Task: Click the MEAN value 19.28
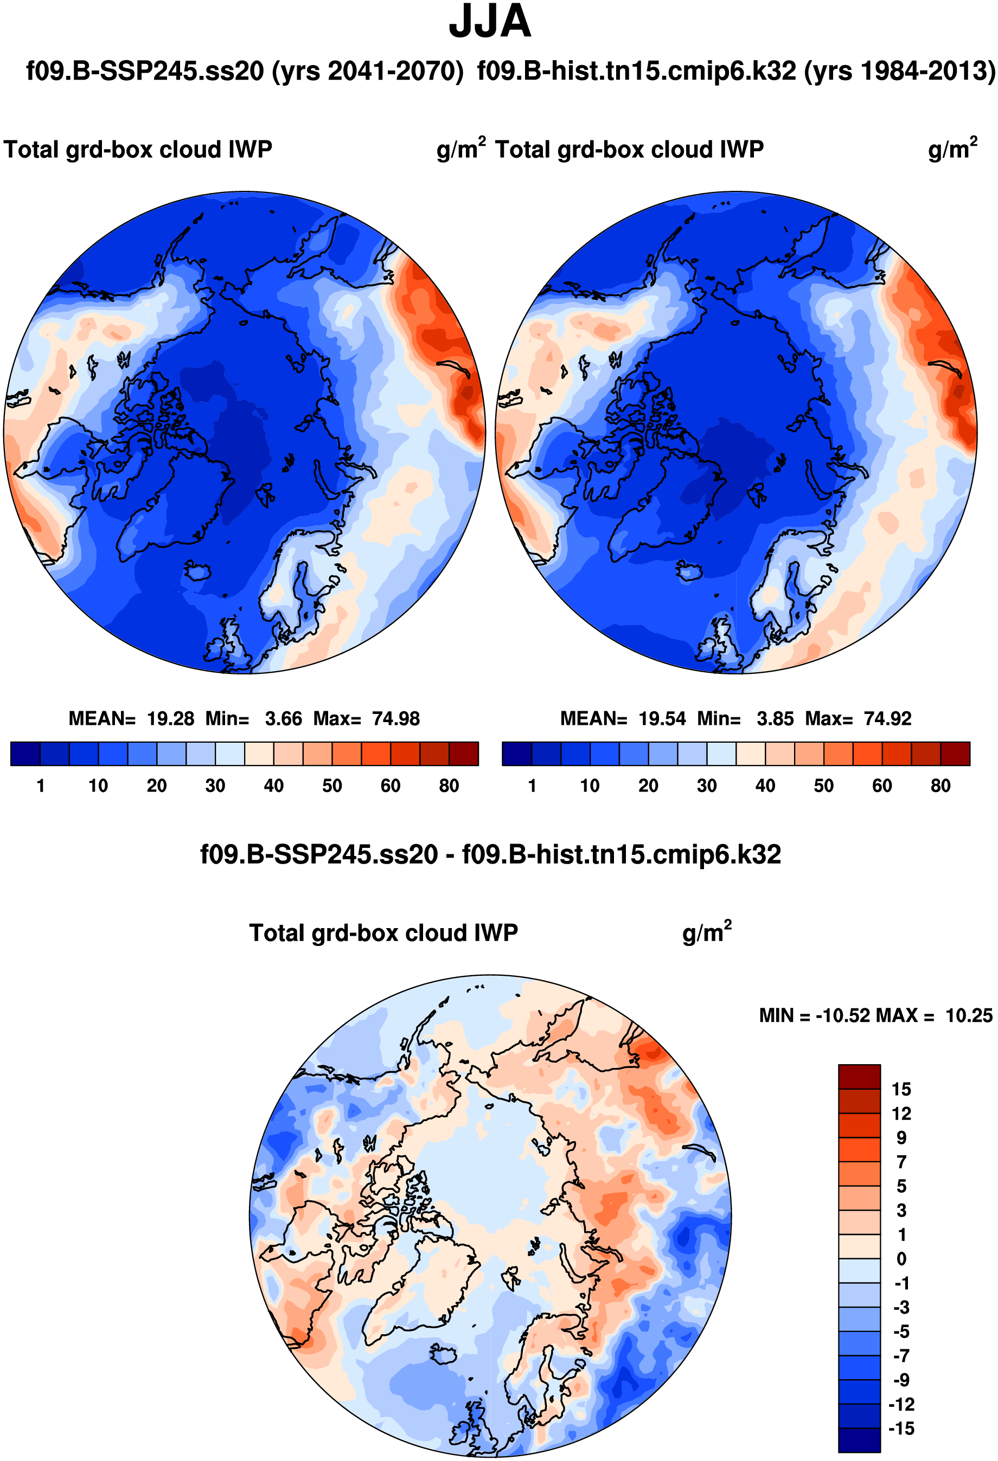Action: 170,718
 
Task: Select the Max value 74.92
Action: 887,718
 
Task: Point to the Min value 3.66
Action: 283,718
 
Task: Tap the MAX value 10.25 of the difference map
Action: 969,1015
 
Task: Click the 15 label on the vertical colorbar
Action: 901,1090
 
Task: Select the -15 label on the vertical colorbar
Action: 901,1428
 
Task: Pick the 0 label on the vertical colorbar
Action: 901,1259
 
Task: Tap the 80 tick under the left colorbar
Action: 449,786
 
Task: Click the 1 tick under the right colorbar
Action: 532,786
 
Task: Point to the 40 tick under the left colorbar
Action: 273,786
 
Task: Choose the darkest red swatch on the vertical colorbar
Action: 859,1076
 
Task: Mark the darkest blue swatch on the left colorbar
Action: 25,754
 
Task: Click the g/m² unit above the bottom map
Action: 706,933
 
